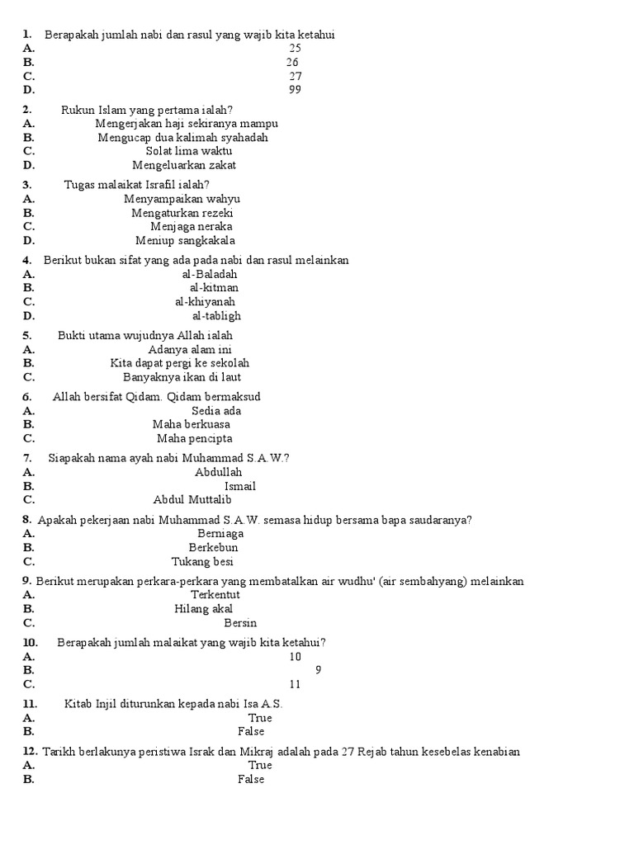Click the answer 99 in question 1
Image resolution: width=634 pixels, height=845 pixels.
(x=295, y=90)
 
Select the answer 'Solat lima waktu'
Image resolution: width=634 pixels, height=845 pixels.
(x=189, y=151)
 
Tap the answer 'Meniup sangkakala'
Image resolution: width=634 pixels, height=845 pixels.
(x=186, y=241)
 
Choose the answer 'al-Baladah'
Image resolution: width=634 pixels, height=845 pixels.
(x=210, y=274)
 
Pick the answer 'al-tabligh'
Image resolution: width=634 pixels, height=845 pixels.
(x=216, y=316)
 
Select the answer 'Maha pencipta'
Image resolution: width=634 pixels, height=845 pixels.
(x=195, y=439)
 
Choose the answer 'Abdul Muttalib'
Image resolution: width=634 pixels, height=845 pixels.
(x=192, y=500)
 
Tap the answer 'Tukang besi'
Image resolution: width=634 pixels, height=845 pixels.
(x=202, y=562)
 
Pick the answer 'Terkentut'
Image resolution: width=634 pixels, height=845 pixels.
(x=215, y=595)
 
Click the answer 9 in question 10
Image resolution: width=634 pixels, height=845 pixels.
(x=319, y=670)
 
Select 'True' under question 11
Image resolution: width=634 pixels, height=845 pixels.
(x=260, y=718)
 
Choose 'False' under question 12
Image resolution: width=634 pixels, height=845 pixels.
(x=251, y=779)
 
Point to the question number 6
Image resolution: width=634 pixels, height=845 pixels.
(x=27, y=397)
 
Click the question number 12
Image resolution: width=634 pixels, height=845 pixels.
(x=30, y=752)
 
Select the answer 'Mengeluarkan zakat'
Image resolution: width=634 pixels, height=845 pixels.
(x=184, y=165)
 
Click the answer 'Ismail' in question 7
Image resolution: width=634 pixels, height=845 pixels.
(x=240, y=486)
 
